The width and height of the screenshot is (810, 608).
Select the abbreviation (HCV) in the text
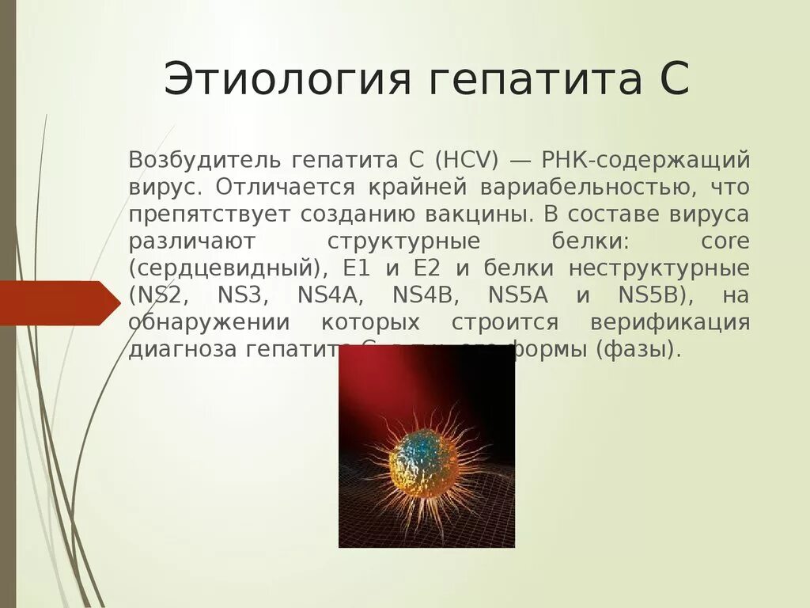tap(466, 161)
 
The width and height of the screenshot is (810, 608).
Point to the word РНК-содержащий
tap(645, 161)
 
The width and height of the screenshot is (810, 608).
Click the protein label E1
tap(353, 268)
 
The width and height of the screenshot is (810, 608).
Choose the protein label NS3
tap(243, 295)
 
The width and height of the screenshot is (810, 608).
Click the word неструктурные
tap(659, 268)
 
